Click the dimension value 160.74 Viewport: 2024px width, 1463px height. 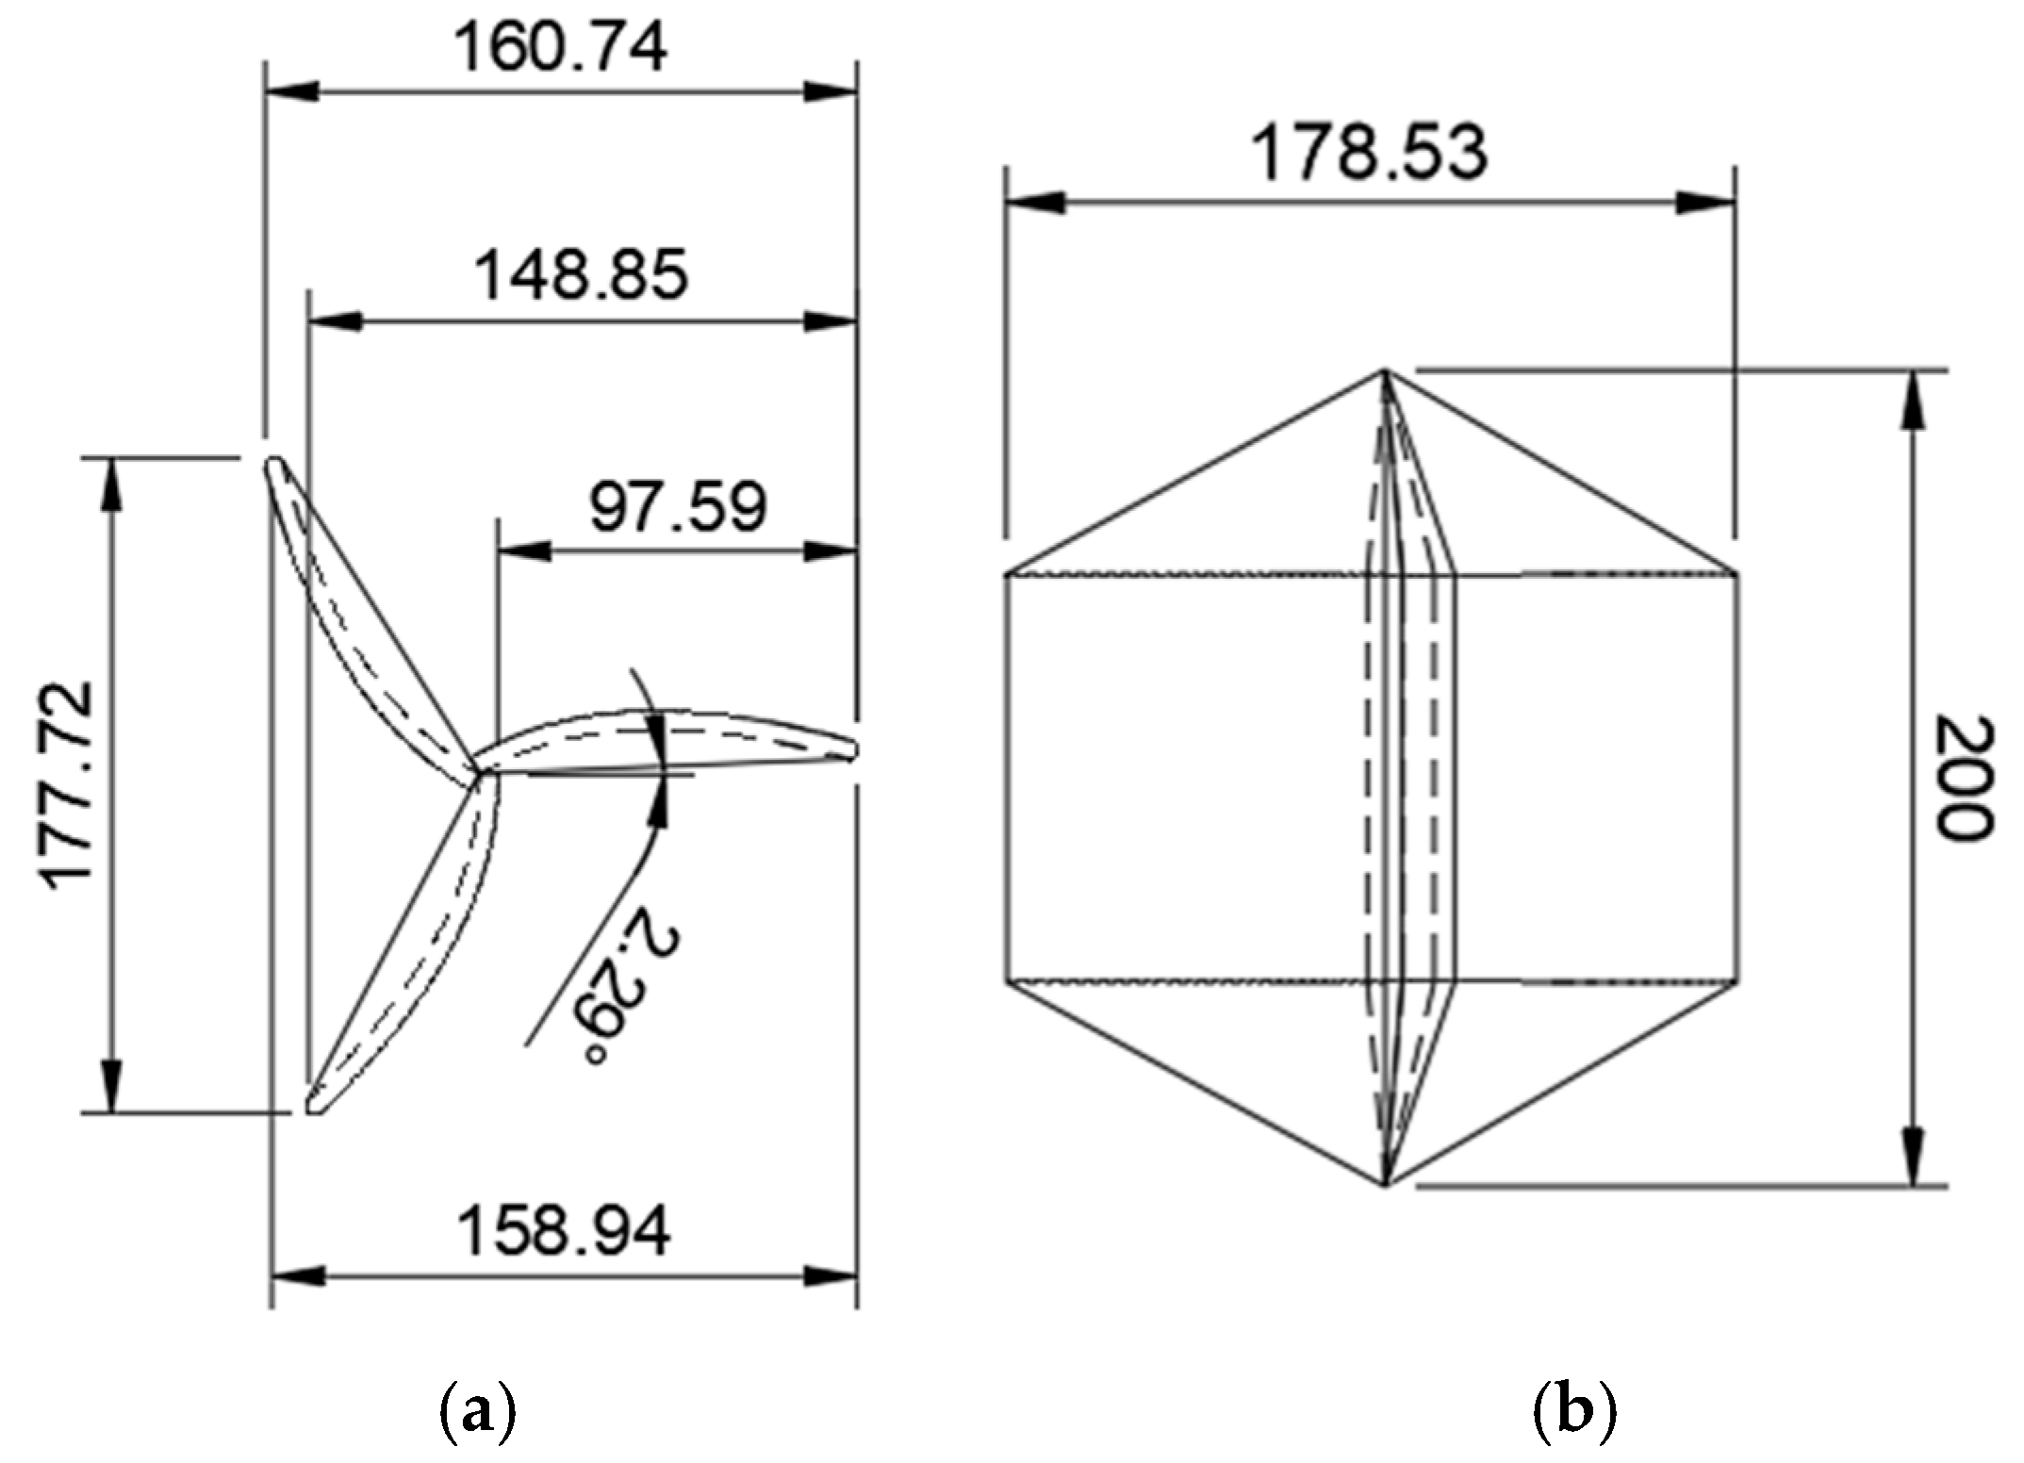pos(560,48)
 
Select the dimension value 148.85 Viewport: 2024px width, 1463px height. pos(581,275)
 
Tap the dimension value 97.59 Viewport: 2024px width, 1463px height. pos(678,506)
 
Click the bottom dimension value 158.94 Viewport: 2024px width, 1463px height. pos(564,1230)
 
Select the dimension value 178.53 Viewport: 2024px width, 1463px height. pos(1368,154)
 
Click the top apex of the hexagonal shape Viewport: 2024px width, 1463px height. pos(1384,370)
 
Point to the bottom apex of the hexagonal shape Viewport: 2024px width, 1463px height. pos(1384,1185)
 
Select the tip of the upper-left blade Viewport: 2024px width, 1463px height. pos(274,463)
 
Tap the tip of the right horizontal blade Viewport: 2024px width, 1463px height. pos(854,750)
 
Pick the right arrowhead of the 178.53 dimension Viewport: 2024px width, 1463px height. pos(1709,203)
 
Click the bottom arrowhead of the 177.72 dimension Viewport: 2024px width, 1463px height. pos(112,1089)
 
